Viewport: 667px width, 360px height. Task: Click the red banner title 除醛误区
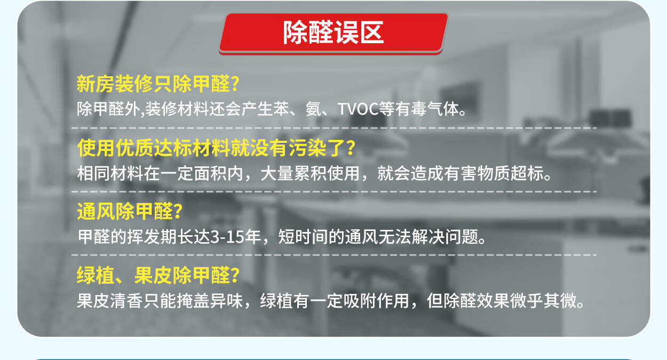click(333, 33)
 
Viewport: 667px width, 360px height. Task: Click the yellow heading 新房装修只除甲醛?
click(158, 84)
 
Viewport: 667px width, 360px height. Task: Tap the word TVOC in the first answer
click(358, 109)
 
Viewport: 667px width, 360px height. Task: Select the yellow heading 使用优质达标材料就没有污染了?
click(217, 148)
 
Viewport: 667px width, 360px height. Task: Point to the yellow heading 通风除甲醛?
click(130, 211)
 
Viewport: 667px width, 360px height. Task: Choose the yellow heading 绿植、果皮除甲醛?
click(158, 275)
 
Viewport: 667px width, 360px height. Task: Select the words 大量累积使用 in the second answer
click(310, 173)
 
